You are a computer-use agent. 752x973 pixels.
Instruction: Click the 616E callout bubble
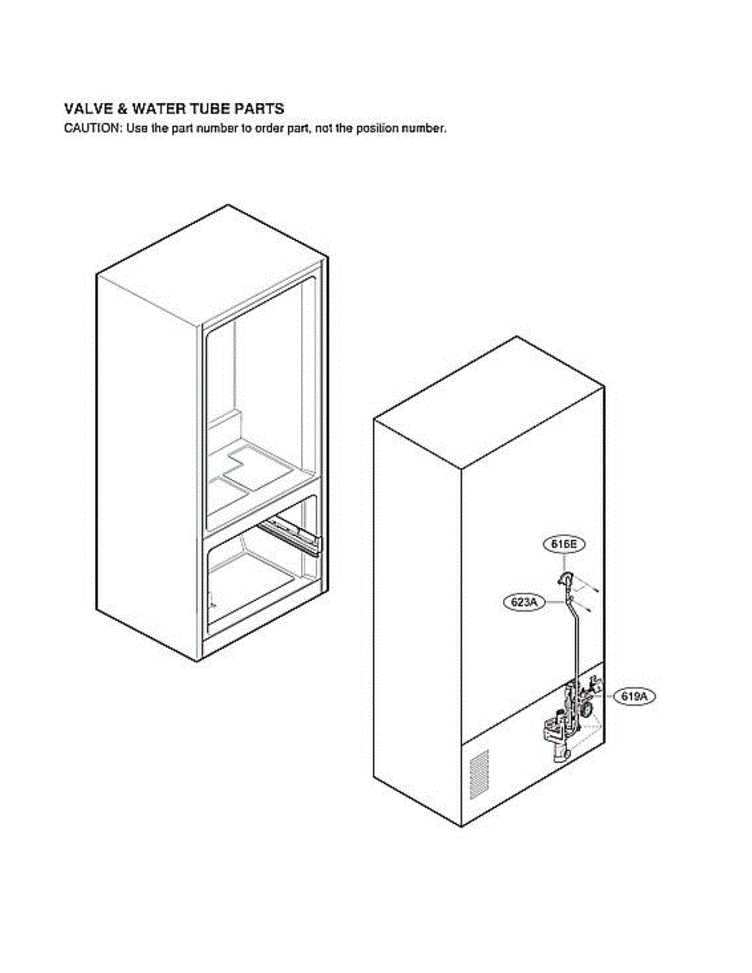pyautogui.click(x=563, y=545)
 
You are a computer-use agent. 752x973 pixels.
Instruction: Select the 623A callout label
pyautogui.click(x=524, y=602)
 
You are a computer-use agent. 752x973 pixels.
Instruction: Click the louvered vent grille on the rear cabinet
pyautogui.click(x=479, y=774)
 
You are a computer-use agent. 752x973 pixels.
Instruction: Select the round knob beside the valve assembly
pyautogui.click(x=586, y=709)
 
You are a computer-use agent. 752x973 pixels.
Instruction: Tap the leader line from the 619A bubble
pyautogui.click(x=607, y=695)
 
